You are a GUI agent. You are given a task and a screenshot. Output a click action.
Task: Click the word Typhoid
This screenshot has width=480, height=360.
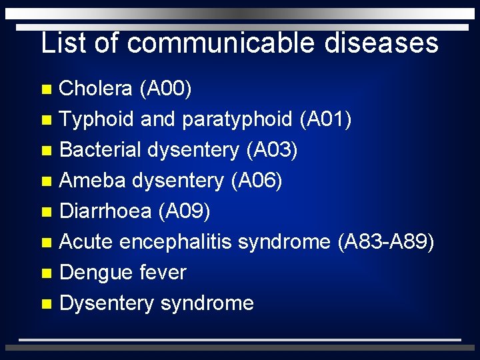(97, 119)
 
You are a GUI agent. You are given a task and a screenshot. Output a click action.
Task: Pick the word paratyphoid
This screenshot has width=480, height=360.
(237, 119)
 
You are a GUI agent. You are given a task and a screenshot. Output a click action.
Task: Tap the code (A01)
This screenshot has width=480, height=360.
(326, 119)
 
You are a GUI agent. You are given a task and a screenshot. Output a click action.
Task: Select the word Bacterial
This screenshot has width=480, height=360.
(100, 150)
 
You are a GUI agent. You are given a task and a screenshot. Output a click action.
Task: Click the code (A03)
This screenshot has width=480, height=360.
(271, 150)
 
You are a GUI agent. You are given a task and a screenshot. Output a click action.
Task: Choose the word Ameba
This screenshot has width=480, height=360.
(93, 181)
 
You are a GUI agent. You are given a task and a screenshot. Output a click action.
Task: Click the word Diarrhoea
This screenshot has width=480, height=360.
(105, 211)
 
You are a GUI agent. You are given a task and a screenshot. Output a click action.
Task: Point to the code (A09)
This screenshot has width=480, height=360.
(184, 211)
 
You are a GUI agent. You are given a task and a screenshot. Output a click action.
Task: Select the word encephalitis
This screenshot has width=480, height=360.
(177, 242)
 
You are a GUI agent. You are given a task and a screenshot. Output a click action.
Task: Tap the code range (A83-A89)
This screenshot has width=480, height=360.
(386, 242)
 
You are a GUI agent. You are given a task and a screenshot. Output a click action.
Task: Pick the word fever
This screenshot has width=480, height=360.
(163, 273)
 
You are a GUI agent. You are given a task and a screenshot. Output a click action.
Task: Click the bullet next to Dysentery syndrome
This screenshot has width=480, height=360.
(45, 304)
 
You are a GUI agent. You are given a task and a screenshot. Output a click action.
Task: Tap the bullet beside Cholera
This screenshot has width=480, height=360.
(45, 89)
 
